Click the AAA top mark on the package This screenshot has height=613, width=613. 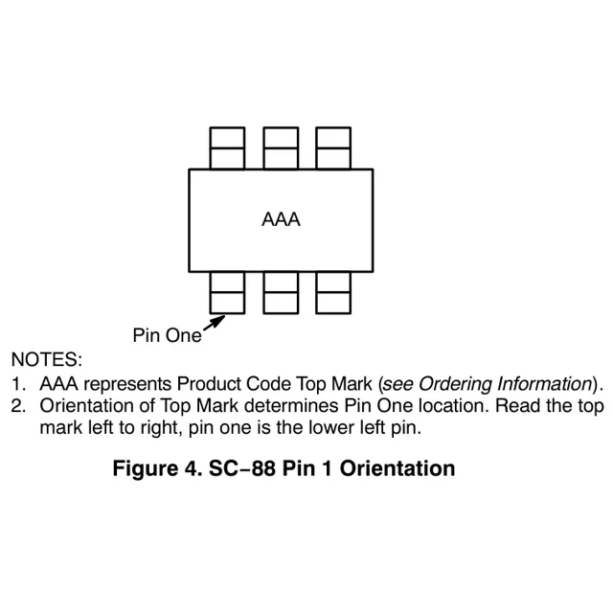point(281,219)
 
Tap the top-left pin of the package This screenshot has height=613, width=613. point(227,148)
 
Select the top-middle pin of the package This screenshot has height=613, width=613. point(280,148)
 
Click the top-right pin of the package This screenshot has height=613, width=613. point(332,148)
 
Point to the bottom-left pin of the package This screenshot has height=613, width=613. point(227,292)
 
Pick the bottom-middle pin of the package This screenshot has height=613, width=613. point(280,292)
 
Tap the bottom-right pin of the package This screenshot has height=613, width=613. point(332,292)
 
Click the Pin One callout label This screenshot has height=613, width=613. point(167,335)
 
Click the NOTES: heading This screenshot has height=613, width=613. point(46,359)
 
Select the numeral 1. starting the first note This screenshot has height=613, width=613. point(17,384)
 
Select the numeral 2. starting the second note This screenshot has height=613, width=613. point(17,406)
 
